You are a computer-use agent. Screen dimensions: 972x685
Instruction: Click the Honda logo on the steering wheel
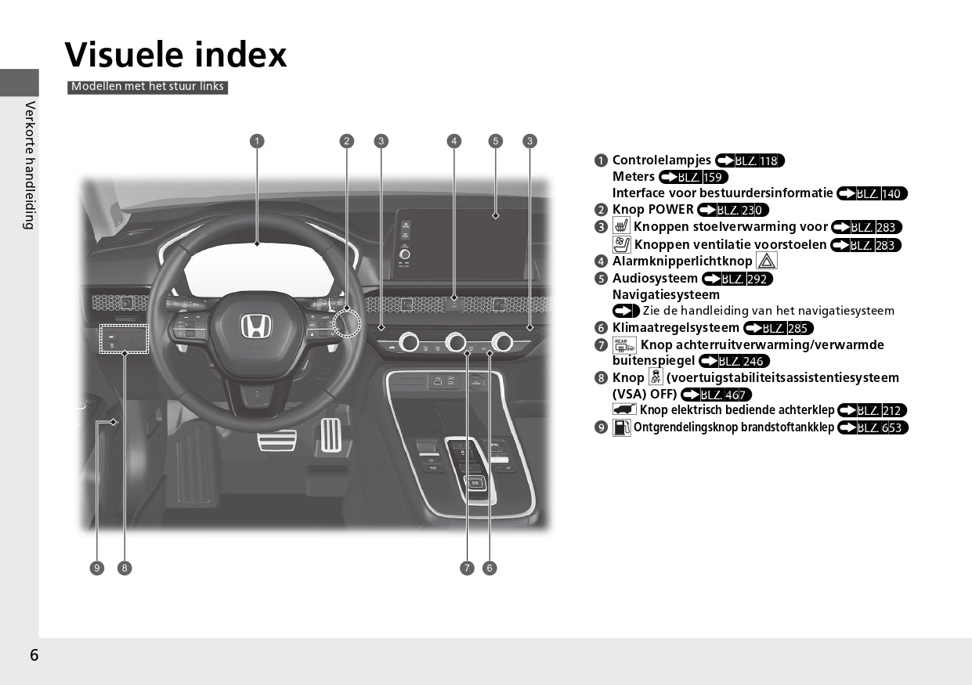tap(256, 326)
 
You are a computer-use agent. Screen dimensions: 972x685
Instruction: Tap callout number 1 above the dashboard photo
tap(257, 141)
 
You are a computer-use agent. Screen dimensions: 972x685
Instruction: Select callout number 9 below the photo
tap(97, 568)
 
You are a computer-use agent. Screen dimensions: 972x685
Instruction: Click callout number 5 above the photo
tap(496, 141)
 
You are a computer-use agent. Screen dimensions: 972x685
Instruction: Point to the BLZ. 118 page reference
tap(750, 160)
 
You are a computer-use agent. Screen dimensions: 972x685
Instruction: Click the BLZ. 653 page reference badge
tap(873, 427)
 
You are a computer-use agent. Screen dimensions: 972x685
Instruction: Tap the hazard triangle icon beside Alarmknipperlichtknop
tap(766, 261)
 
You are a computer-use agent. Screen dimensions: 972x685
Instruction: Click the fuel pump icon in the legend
tap(621, 427)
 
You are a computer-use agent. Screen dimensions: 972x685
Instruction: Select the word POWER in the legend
tap(674, 210)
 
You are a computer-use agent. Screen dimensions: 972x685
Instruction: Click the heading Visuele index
tap(175, 55)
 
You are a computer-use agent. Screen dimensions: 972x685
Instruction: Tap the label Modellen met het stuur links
tap(147, 87)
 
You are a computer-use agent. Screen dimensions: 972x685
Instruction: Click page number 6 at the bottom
tap(34, 655)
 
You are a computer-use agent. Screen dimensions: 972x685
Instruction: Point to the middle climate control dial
tap(456, 342)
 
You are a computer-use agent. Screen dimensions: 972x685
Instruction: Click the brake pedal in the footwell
tap(276, 440)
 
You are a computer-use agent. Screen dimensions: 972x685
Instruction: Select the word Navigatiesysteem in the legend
tap(666, 295)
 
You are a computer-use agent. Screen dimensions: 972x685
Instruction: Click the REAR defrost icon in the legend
tap(624, 345)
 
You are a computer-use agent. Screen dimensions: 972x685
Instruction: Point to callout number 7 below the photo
tap(467, 568)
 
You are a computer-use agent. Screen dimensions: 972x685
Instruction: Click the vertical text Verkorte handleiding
tap(30, 165)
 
